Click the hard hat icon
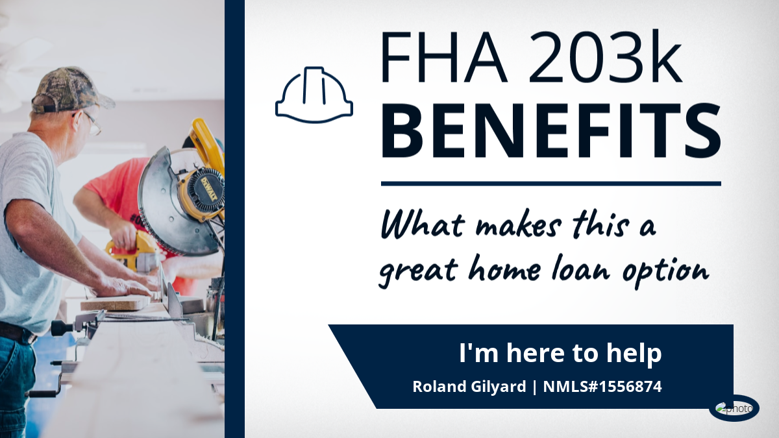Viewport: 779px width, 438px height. pyautogui.click(x=314, y=95)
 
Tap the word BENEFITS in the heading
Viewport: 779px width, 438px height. pyautogui.click(x=551, y=130)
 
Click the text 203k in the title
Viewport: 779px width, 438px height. pyautogui.click(x=604, y=56)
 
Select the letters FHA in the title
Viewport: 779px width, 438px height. pyautogui.click(x=444, y=57)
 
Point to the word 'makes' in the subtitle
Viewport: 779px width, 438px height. pyautogui.click(x=518, y=227)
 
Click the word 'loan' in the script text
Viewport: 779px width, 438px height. pyautogui.click(x=580, y=269)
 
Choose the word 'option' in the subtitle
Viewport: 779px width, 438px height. pyautogui.click(x=665, y=274)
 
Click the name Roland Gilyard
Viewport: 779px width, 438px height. pyautogui.click(x=469, y=387)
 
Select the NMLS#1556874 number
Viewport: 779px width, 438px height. pyautogui.click(x=602, y=387)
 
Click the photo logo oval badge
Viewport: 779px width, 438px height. pyautogui.click(x=734, y=408)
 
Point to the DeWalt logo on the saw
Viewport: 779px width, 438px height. pyautogui.click(x=208, y=190)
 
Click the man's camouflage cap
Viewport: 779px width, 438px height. pyautogui.click(x=71, y=90)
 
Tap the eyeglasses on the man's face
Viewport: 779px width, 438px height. pyautogui.click(x=92, y=123)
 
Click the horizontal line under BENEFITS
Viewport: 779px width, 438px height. pyautogui.click(x=551, y=184)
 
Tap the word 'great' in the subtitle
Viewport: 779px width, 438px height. pyautogui.click(x=417, y=271)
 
